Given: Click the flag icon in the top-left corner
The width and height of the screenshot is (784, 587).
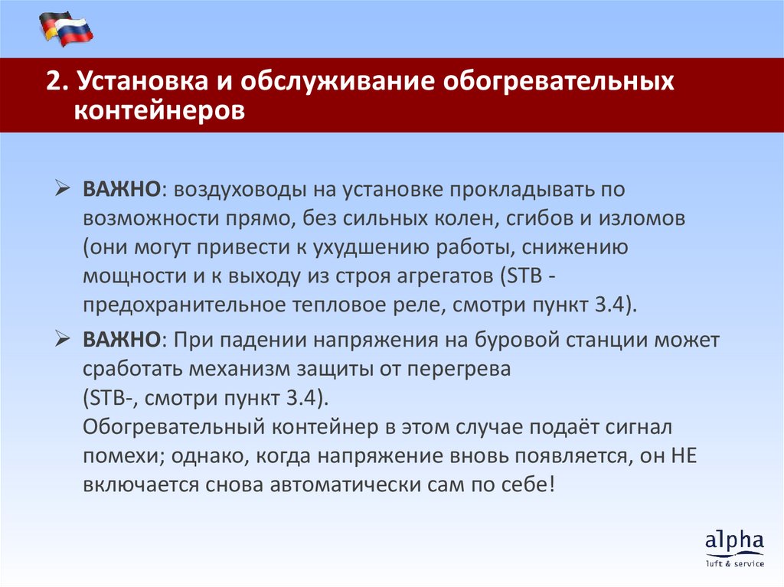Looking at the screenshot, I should [x=66, y=28].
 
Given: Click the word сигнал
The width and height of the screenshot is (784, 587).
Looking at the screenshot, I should [x=637, y=426].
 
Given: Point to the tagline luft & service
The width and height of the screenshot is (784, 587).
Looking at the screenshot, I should [x=735, y=564].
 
